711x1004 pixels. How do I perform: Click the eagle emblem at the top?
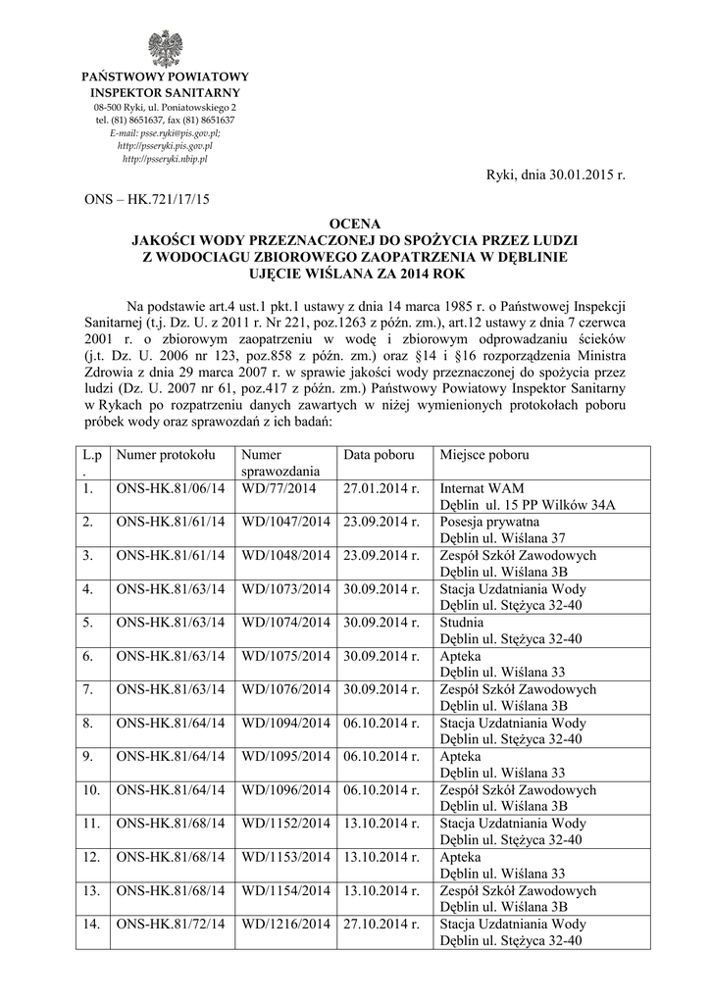click(165, 47)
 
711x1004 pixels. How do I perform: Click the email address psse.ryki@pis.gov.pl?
click(165, 132)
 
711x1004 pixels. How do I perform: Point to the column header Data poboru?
click(379, 455)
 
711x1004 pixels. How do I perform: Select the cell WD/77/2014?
click(279, 488)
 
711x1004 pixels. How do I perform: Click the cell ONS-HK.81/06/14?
click(170, 488)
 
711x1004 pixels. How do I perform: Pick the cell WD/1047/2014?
click(285, 522)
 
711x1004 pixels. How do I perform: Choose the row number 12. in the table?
click(93, 857)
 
